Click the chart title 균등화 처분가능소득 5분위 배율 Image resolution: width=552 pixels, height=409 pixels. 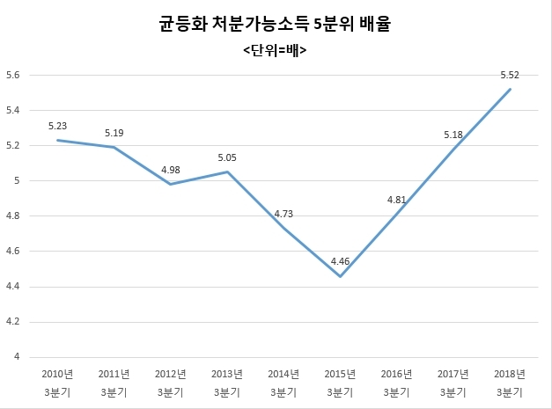pyautogui.click(x=275, y=24)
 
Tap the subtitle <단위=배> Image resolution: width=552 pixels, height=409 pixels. pyautogui.click(x=275, y=50)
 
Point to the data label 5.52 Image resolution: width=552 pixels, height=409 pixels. pyautogui.click(x=510, y=75)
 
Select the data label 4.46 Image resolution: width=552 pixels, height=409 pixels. pyautogui.click(x=340, y=261)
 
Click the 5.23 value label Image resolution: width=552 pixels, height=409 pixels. pyautogui.click(x=57, y=126)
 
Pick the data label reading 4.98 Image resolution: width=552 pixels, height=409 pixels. pyautogui.click(x=171, y=170)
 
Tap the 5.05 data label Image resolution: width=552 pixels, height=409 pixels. pyautogui.click(x=227, y=157)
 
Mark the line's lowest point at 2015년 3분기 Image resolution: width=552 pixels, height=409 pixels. pyautogui.click(x=340, y=276)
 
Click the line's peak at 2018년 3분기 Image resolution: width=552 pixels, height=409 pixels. pyautogui.click(x=510, y=90)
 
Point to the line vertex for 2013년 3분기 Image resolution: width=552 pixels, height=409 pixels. pyautogui.click(x=227, y=172)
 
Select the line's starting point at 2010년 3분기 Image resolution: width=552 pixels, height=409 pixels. pyautogui.click(x=58, y=141)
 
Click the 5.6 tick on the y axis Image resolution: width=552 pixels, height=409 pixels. pyautogui.click(x=13, y=75)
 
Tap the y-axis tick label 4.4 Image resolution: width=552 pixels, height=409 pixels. pyautogui.click(x=13, y=287)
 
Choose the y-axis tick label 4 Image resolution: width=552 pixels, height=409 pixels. pyautogui.click(x=17, y=356)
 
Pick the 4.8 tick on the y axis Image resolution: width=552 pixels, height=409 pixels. pyautogui.click(x=13, y=215)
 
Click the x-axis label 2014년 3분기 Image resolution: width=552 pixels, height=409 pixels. pyautogui.click(x=283, y=383)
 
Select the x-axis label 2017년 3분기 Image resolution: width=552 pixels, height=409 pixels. pyautogui.click(x=453, y=383)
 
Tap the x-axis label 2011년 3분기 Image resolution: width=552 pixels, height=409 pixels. pyautogui.click(x=114, y=383)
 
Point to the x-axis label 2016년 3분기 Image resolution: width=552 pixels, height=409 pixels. pyautogui.click(x=396, y=383)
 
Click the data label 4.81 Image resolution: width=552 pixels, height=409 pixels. pyautogui.click(x=397, y=200)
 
